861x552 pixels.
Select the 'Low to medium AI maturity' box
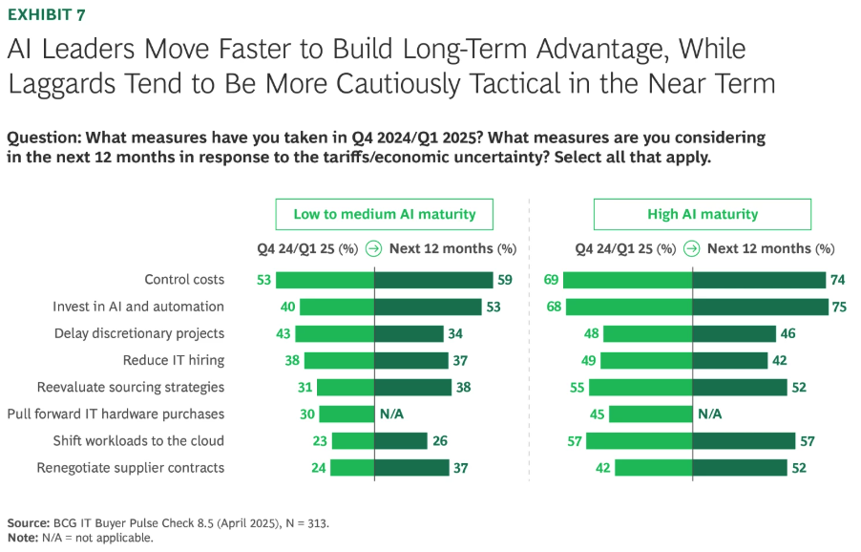click(385, 214)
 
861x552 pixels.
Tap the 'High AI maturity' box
click(703, 214)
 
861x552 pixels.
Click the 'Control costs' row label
click(184, 280)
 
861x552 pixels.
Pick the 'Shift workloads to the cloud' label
click(138, 440)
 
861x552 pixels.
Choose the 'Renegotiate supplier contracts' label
click(131, 468)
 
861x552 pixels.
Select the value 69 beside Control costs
click(550, 280)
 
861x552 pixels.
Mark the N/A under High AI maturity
click(710, 414)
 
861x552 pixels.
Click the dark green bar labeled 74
click(759, 280)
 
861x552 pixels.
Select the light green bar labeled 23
click(352, 440)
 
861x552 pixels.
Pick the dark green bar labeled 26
click(400, 440)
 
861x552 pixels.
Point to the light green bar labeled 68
click(629, 307)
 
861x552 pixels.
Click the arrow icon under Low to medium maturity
click(373, 248)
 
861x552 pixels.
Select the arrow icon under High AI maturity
click(691, 248)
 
